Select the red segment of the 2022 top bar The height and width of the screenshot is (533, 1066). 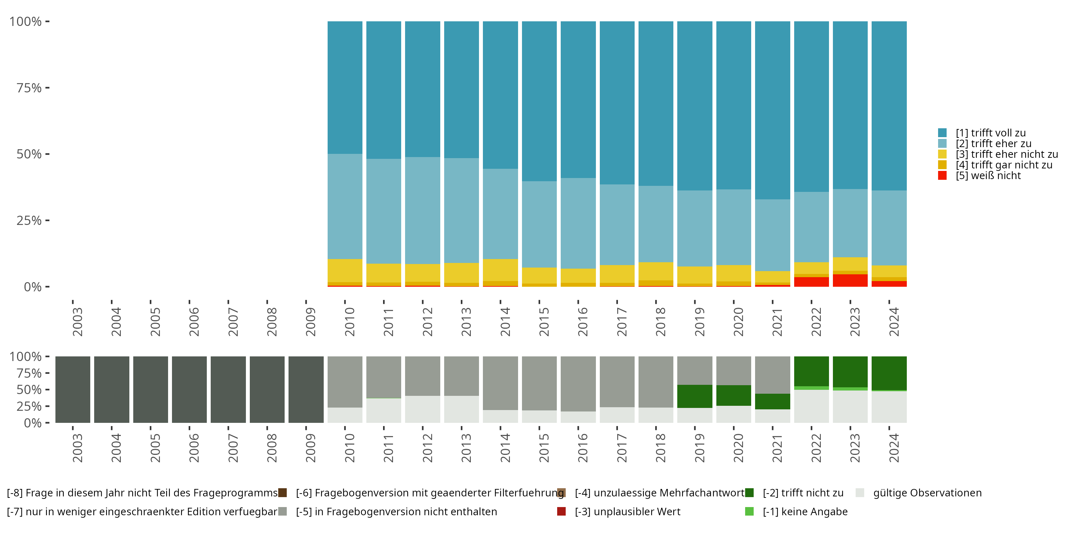(811, 282)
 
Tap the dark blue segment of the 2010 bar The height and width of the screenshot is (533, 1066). (345, 87)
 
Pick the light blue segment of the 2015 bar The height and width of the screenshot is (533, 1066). (539, 224)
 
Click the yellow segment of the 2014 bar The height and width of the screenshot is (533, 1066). (500, 270)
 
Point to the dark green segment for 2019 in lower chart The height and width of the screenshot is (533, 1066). (694, 396)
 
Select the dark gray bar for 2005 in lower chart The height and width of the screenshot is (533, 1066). (151, 389)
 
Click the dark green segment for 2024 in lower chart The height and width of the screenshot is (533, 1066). (889, 373)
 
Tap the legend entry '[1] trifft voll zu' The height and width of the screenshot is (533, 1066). (990, 133)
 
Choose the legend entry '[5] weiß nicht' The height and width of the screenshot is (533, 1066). (988, 176)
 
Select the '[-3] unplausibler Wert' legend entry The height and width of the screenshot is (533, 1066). (628, 511)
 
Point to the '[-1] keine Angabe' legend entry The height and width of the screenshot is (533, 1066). (805, 511)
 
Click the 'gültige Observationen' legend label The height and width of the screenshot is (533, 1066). (927, 493)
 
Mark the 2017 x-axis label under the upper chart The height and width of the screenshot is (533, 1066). (621, 322)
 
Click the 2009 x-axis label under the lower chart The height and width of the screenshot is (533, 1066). (310, 448)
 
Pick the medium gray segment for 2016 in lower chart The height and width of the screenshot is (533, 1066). (578, 384)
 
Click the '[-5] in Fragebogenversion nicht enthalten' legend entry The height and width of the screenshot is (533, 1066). (396, 511)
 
